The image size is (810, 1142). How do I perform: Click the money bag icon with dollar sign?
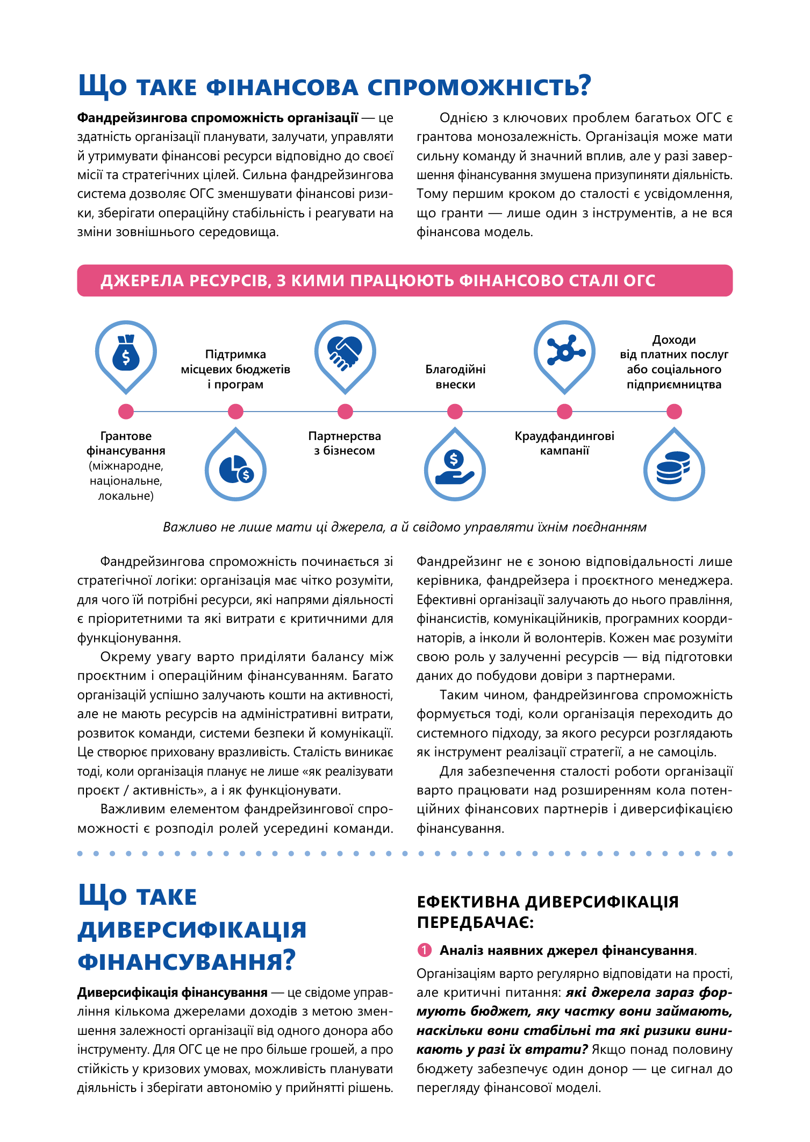click(x=126, y=353)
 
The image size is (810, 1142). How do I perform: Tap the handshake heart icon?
click(x=345, y=353)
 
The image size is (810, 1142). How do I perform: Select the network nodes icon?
click(x=564, y=353)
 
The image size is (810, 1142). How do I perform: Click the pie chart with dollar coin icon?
click(x=235, y=469)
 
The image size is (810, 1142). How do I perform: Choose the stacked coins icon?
click(x=673, y=468)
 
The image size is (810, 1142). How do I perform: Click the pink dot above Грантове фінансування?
click(x=126, y=412)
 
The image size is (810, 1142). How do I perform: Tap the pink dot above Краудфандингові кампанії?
click(x=564, y=412)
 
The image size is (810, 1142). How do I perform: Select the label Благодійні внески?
click(x=455, y=377)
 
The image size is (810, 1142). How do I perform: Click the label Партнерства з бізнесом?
click(x=345, y=443)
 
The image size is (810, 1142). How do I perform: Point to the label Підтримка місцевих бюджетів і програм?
click(x=235, y=369)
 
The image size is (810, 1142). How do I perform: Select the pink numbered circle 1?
click(x=424, y=951)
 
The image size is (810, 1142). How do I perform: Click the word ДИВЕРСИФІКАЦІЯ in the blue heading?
click(x=192, y=930)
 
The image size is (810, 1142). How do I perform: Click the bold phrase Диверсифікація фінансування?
click(x=173, y=992)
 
